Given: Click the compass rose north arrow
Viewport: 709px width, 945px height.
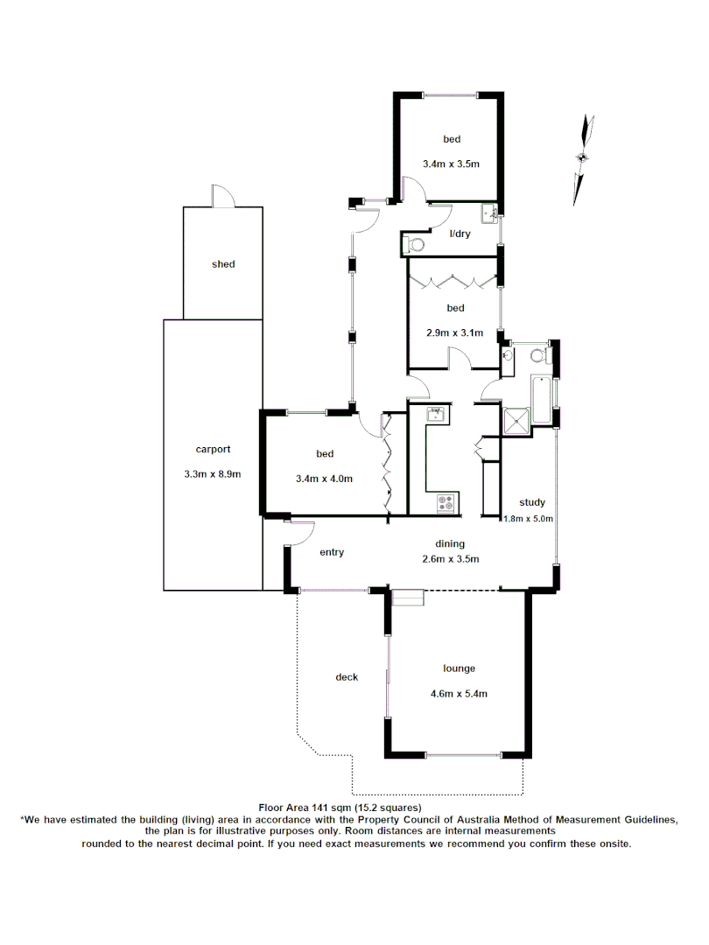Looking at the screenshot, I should click(x=583, y=156).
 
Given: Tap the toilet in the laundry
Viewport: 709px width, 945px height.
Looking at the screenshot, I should click(x=415, y=244).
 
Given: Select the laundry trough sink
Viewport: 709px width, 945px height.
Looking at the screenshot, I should click(x=488, y=213).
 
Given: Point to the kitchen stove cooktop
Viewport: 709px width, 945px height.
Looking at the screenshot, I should click(x=446, y=503).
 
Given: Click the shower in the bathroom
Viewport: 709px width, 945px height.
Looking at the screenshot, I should click(x=516, y=421).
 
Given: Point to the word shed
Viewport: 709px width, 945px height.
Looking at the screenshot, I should click(x=223, y=264).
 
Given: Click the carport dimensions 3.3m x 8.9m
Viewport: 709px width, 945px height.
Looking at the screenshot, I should click(x=213, y=474).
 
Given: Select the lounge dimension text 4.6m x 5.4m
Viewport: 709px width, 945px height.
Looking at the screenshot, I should click(x=459, y=694).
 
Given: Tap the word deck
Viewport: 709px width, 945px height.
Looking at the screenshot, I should click(x=347, y=677).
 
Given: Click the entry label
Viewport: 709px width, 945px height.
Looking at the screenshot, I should click(x=332, y=552).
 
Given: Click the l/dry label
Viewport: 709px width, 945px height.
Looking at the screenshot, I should click(x=460, y=234).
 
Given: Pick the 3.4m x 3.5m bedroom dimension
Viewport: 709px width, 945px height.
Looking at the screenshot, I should click(x=452, y=164).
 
